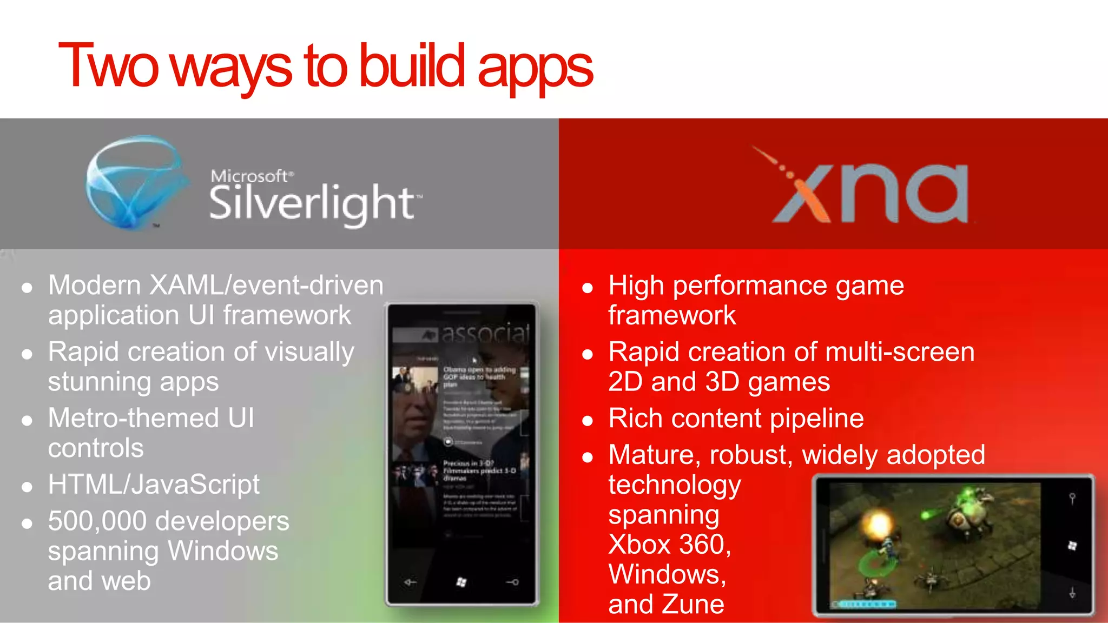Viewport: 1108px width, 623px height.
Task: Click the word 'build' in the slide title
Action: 411,66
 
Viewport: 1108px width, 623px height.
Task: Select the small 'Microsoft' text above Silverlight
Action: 249,176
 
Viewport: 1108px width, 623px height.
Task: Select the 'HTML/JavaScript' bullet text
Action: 154,485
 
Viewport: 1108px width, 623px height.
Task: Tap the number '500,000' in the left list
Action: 97,521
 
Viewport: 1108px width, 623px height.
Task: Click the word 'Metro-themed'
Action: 133,418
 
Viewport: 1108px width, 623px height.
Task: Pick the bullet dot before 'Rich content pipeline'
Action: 588,421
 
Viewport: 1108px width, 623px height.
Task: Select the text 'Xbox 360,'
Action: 669,544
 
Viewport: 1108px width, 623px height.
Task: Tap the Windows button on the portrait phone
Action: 461,582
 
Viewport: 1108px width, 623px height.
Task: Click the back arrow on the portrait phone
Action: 411,582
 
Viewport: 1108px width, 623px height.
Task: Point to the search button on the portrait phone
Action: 512,582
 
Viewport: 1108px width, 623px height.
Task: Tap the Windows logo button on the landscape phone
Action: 1072,546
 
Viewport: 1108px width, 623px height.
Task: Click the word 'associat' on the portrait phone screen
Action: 484,333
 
